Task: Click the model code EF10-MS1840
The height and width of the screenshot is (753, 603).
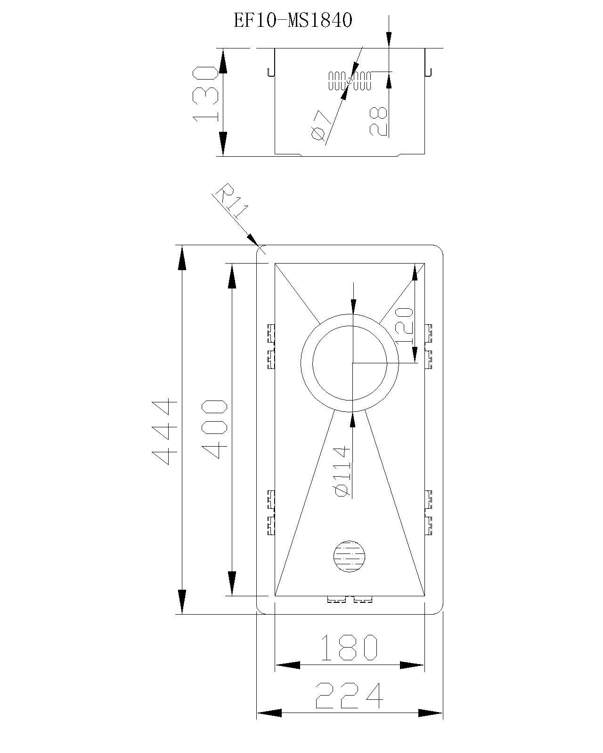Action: coord(293,21)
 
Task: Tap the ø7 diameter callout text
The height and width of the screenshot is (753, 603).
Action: coord(319,126)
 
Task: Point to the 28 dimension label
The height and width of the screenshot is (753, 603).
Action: coord(378,121)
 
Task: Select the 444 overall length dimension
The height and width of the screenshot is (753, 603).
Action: coord(164,431)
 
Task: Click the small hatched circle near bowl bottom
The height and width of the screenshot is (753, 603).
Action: coord(349,556)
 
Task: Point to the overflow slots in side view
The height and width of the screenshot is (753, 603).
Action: coord(350,80)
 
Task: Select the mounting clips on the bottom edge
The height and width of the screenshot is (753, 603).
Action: coord(350,600)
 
